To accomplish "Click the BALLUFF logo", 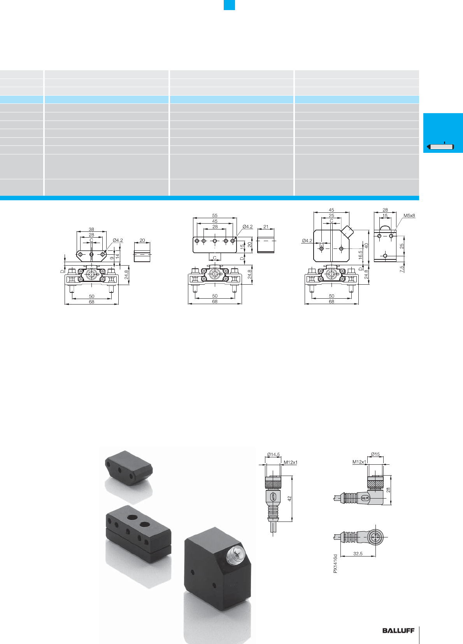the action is [x=398, y=630].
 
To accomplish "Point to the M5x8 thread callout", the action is [x=409, y=215].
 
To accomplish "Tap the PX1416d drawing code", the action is [x=335, y=563].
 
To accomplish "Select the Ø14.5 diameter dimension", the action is [x=273, y=455].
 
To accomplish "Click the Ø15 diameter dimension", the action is [x=375, y=454].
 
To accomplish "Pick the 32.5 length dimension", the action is [x=358, y=553].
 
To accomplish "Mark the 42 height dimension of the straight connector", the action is [x=289, y=499].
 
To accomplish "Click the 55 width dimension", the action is [x=215, y=215].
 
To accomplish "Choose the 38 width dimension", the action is [x=91, y=229].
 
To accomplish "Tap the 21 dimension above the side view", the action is [x=266, y=227].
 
